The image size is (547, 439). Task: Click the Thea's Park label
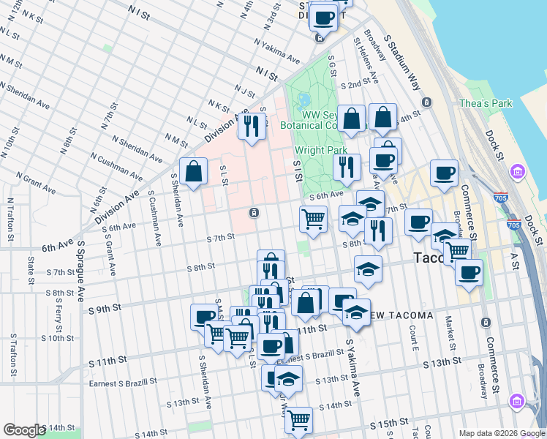click(x=485, y=104)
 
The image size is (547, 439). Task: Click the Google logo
click(x=24, y=430)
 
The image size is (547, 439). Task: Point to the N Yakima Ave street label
click(x=277, y=50)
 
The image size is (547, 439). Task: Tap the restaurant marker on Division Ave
click(x=251, y=127)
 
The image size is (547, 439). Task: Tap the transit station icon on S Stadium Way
click(x=426, y=102)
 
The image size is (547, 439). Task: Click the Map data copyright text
click(x=485, y=433)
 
